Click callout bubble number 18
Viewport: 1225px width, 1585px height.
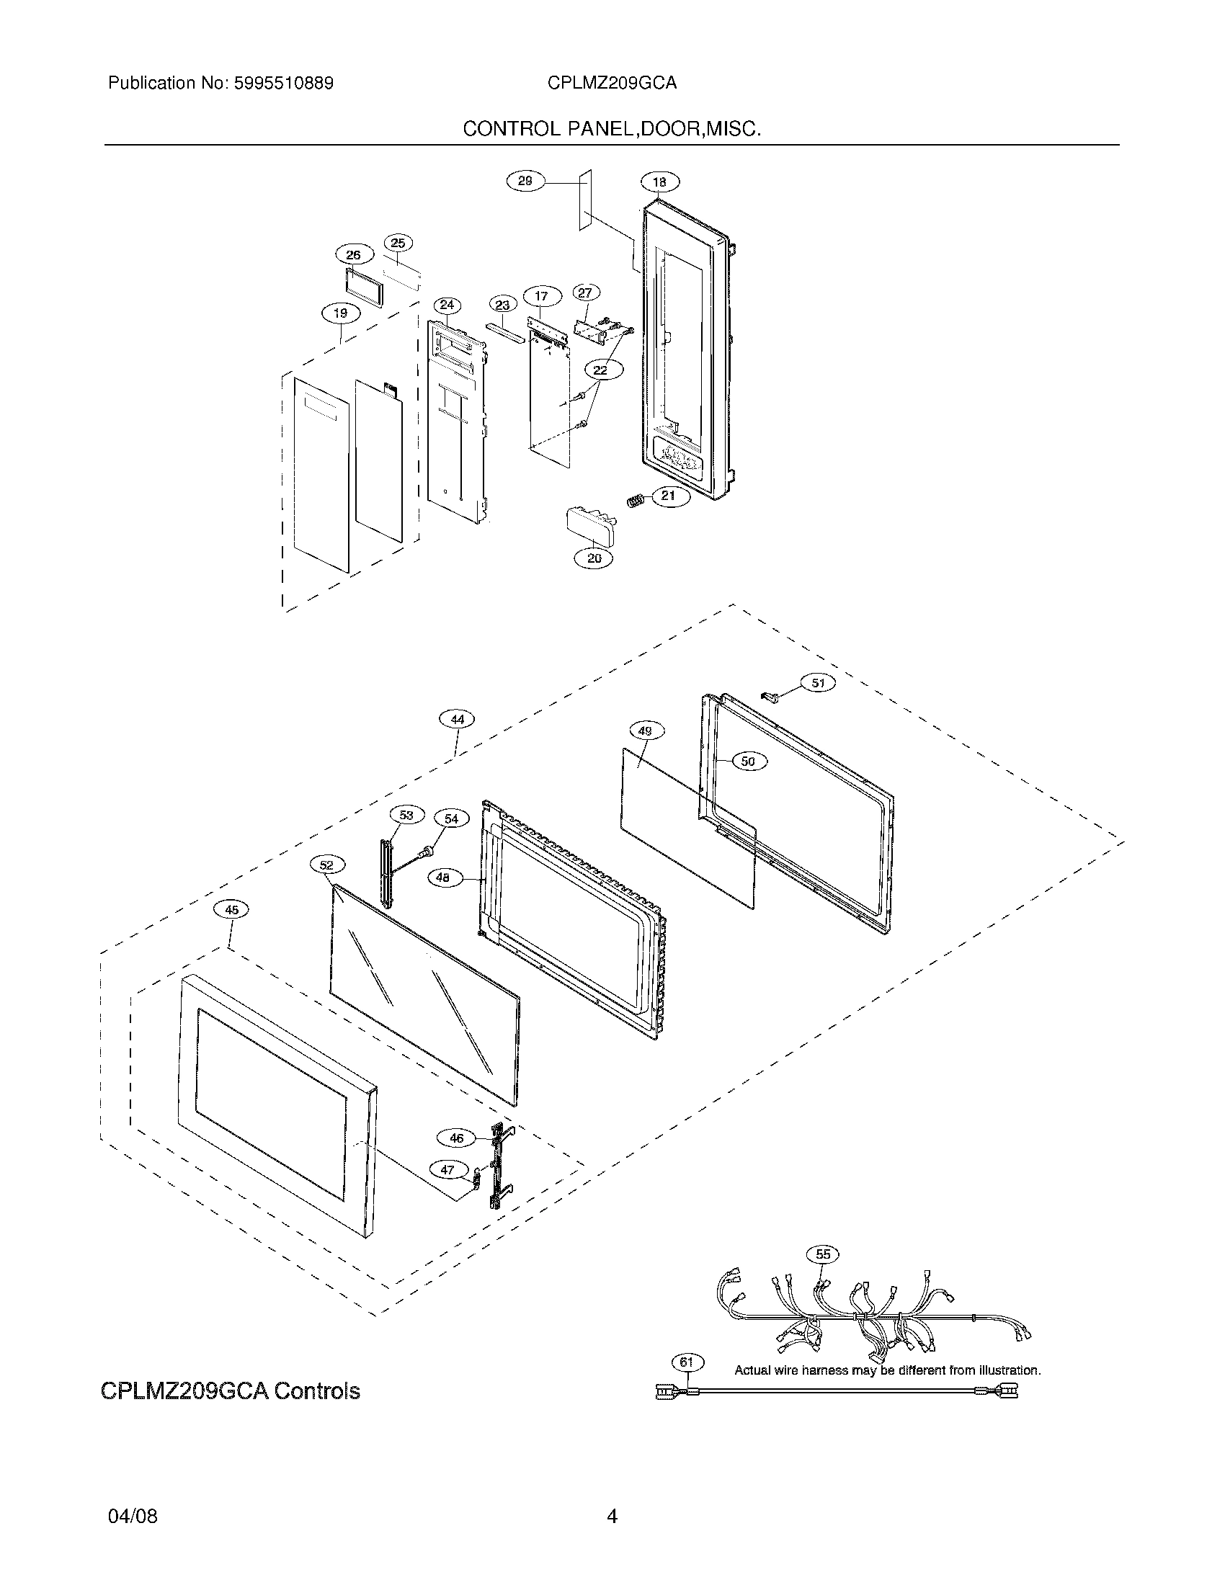click(x=659, y=182)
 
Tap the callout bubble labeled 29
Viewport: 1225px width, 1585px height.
click(x=525, y=181)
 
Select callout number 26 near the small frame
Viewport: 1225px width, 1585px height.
click(x=353, y=255)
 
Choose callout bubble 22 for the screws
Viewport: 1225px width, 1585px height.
click(x=600, y=370)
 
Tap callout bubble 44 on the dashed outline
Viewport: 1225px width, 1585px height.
click(x=457, y=719)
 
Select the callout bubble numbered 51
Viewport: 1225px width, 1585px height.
click(x=818, y=683)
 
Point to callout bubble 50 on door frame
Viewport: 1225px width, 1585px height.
click(x=748, y=762)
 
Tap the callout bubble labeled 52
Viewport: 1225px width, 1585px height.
click(x=327, y=865)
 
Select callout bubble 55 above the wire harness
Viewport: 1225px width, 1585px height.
click(x=823, y=1254)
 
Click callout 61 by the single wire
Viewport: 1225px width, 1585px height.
click(x=687, y=1362)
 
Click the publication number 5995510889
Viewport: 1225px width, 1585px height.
click(x=283, y=84)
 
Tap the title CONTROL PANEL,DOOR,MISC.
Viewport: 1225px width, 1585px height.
click(x=612, y=129)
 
